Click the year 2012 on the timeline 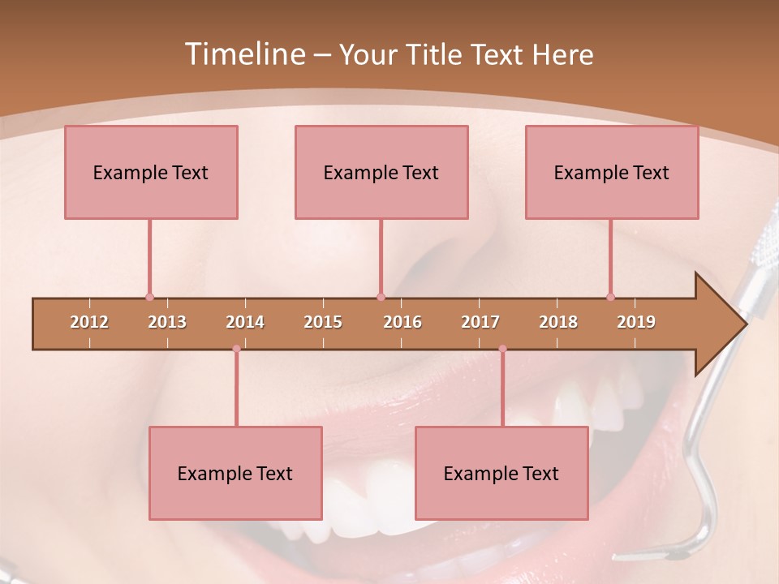pos(89,322)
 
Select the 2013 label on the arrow pos(167,322)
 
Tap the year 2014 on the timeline pos(245,322)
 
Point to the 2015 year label pos(323,322)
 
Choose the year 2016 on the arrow pos(402,322)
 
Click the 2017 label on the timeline pos(480,322)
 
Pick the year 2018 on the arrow pos(558,322)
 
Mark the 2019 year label pos(636,322)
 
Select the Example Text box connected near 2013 pos(151,172)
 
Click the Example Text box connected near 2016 pos(381,172)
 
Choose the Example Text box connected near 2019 pos(612,172)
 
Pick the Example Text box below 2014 pos(235,473)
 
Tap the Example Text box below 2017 pos(501,473)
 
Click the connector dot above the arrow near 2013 pos(149,298)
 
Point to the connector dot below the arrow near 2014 pos(236,349)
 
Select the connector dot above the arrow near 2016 pos(381,298)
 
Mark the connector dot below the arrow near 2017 pos(502,349)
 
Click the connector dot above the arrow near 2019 pos(610,298)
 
